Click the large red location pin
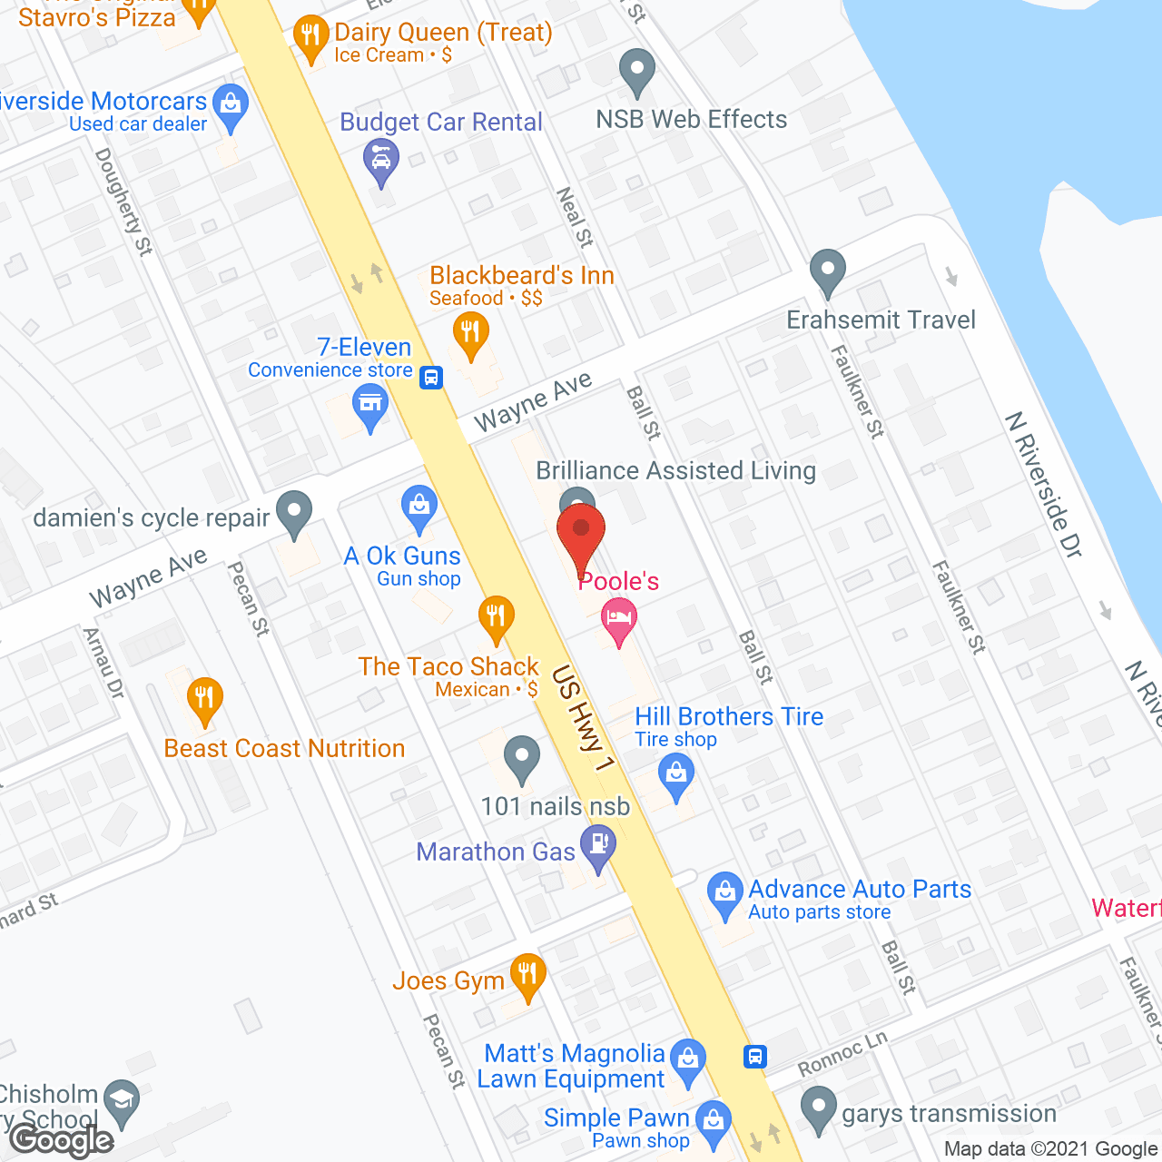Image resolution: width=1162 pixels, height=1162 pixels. pyautogui.click(x=581, y=536)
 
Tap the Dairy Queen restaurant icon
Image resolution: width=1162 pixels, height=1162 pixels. pyautogui.click(x=311, y=38)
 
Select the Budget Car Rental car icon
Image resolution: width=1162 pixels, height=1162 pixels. pyautogui.click(x=381, y=160)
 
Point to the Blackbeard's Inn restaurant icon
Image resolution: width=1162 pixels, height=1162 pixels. pyautogui.click(x=469, y=332)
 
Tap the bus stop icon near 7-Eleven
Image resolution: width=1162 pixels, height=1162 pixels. pyautogui.click(x=431, y=377)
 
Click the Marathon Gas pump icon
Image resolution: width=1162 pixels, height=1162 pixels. pyautogui.click(x=598, y=845)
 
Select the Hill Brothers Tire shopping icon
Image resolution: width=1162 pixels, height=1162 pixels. pyautogui.click(x=676, y=774)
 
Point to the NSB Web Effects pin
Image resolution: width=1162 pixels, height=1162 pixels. pyautogui.click(x=636, y=69)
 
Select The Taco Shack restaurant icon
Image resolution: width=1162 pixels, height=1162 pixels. pyautogui.click(x=496, y=617)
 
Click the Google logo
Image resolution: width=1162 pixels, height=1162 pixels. pyautogui.click(x=62, y=1140)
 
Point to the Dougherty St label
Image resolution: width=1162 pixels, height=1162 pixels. pyautogui.click(x=123, y=202)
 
